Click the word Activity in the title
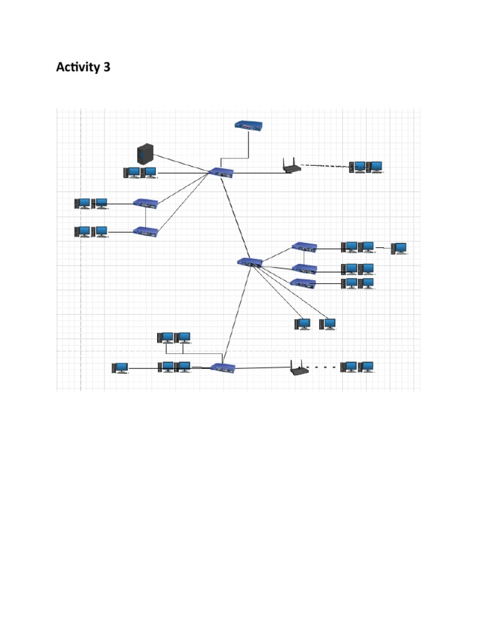click(77, 67)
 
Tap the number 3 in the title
click(107, 67)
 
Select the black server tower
click(145, 153)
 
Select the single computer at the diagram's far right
click(399, 249)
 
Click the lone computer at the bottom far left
click(120, 368)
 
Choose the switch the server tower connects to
click(221, 172)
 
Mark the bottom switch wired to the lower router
click(224, 367)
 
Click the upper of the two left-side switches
click(145, 203)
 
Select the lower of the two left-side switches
click(145, 231)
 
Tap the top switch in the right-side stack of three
click(304, 247)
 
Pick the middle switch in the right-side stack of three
click(304, 269)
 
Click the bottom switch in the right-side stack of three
click(303, 283)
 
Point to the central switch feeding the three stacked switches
click(250, 262)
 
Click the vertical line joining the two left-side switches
click(145, 217)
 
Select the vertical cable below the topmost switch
click(249, 143)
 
